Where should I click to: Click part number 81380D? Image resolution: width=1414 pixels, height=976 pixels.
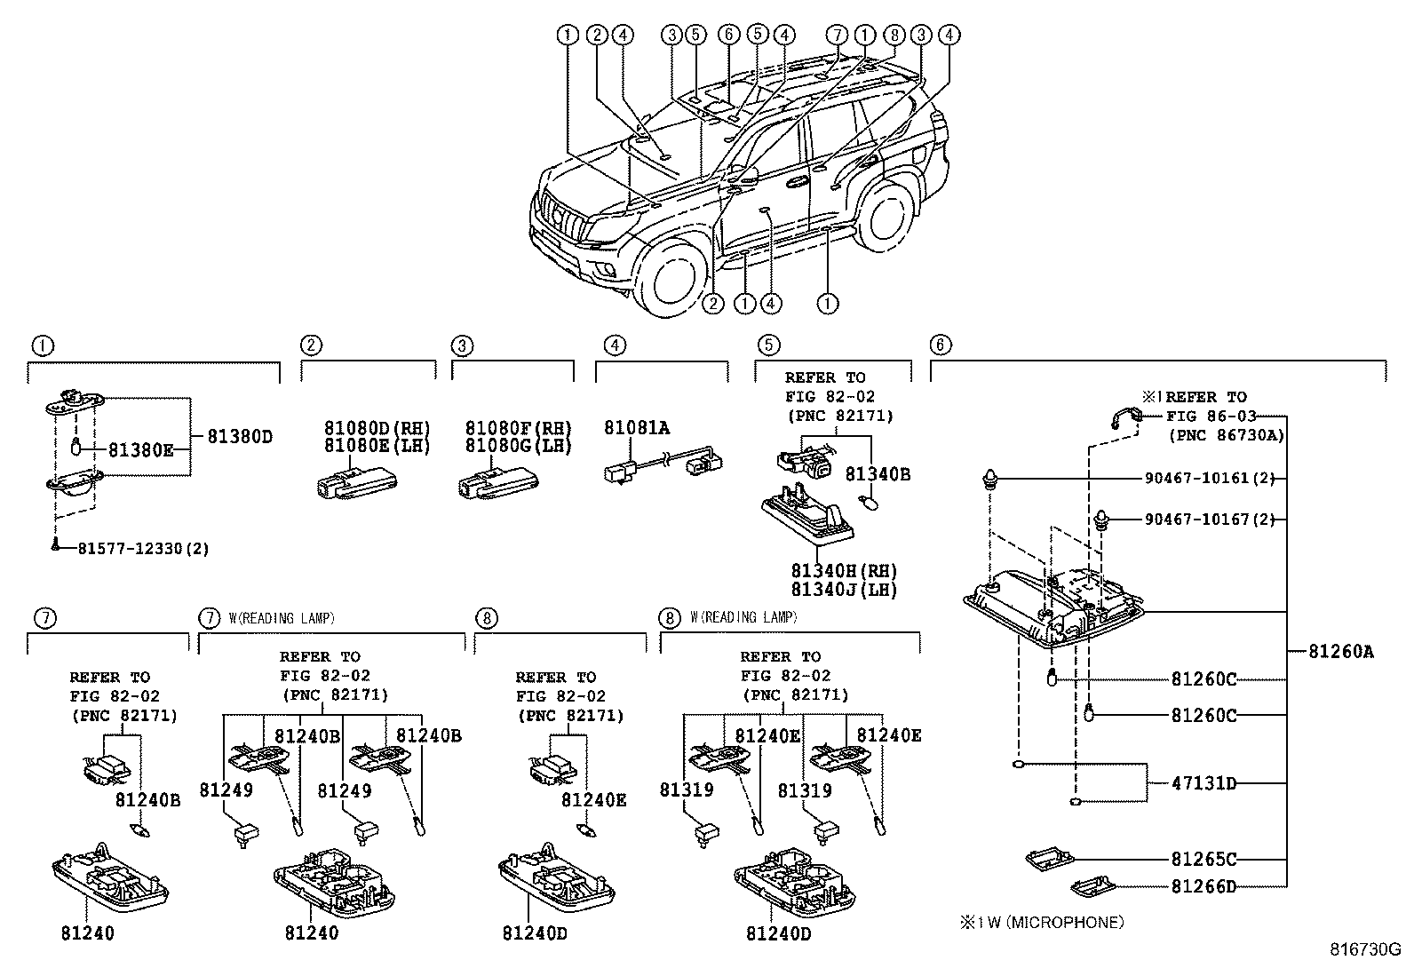point(240,437)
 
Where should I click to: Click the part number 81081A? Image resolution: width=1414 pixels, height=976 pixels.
point(637,428)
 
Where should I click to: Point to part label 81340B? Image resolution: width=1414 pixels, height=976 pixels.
point(878,474)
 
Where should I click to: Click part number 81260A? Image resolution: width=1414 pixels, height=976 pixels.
point(1340,652)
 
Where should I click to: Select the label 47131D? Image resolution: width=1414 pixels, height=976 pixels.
point(1203,783)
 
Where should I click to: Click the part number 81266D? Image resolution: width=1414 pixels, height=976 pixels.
point(1203,885)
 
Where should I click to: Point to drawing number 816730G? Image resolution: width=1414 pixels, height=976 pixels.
point(1363,949)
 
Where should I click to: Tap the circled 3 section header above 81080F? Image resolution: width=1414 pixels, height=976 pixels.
point(462,345)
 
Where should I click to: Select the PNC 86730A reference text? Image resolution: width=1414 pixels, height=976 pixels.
point(1226,435)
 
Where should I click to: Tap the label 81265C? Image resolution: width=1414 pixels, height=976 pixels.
point(1203,859)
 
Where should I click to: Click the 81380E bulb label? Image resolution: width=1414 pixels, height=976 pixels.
point(141,450)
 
